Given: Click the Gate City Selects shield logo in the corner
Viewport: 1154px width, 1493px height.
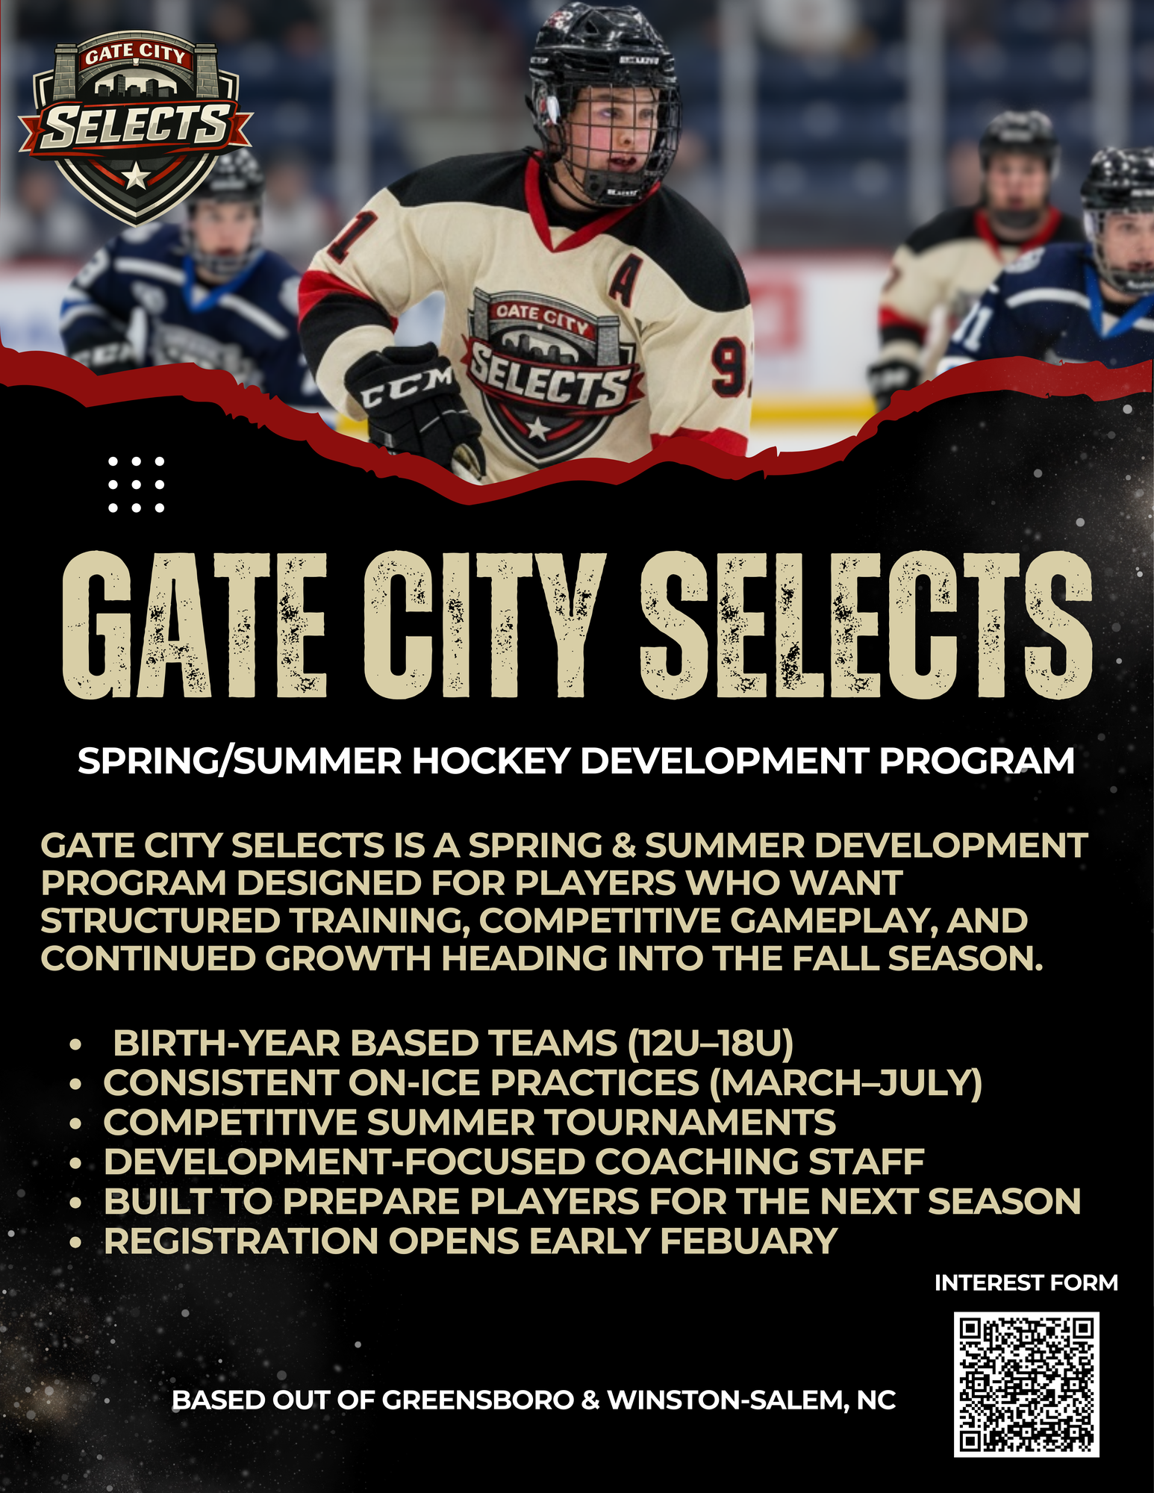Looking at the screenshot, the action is coord(136,127).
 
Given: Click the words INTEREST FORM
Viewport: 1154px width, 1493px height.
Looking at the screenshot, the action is coord(1026,1282).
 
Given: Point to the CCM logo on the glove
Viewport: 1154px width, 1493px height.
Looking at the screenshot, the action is coord(407,387).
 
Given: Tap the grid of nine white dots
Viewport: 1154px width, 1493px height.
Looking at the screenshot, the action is coord(136,484).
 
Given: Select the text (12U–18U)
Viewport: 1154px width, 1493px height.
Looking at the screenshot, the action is coord(710,1043).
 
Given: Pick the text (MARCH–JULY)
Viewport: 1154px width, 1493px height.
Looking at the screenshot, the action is coord(845,1082).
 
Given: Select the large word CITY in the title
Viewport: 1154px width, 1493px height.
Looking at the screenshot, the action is coord(484,626).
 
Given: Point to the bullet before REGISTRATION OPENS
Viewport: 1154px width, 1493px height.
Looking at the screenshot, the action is coord(75,1243).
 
